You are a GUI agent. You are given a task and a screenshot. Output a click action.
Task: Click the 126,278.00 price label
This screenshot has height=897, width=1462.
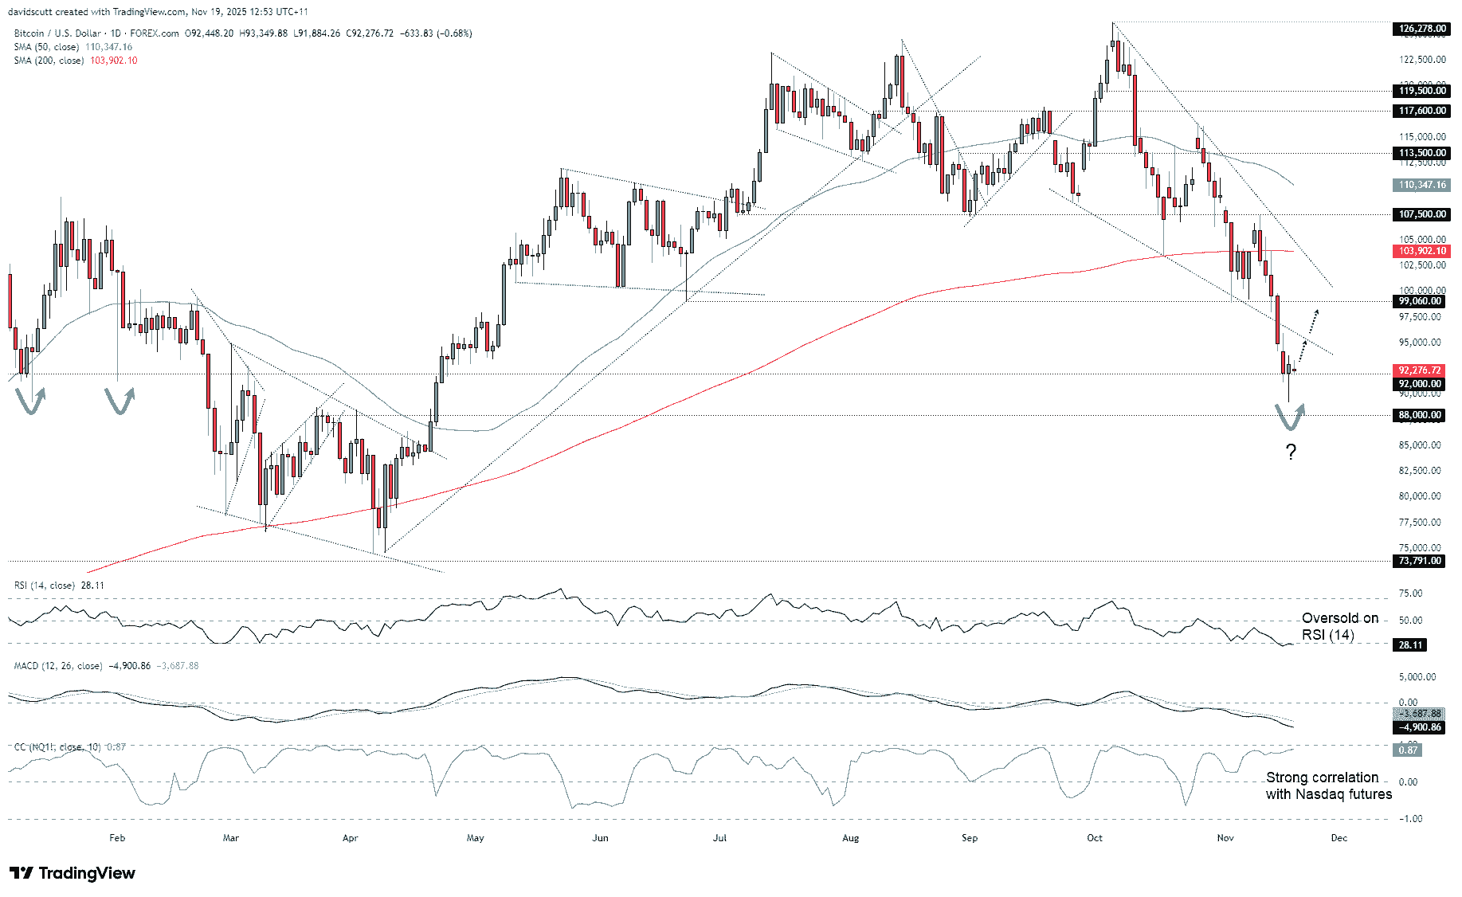click(x=1421, y=29)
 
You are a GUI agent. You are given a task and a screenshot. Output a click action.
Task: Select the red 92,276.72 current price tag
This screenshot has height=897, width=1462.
click(x=1419, y=370)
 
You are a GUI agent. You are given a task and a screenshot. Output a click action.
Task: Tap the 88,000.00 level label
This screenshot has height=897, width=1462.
click(x=1419, y=415)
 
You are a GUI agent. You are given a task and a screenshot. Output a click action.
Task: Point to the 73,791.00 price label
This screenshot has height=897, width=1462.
click(x=1419, y=561)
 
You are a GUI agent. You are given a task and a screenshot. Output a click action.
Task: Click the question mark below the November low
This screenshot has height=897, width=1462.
click(x=1291, y=452)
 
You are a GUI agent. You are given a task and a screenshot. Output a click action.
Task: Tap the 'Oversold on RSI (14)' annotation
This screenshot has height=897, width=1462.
click(x=1339, y=626)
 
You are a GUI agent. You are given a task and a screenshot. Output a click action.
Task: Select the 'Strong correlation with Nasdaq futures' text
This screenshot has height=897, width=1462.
click(x=1328, y=785)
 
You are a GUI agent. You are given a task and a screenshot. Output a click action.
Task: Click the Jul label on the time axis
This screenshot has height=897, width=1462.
click(x=719, y=838)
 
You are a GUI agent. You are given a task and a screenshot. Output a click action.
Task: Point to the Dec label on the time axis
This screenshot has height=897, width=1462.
click(x=1339, y=838)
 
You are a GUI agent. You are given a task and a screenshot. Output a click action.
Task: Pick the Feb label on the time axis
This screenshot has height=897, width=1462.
click(x=117, y=838)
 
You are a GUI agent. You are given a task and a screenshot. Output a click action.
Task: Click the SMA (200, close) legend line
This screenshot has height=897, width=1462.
click(x=75, y=61)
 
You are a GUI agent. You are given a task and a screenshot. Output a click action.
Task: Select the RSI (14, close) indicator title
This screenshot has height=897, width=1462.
click(x=58, y=586)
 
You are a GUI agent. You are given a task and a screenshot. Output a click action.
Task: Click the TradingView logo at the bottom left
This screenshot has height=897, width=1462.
click(x=73, y=873)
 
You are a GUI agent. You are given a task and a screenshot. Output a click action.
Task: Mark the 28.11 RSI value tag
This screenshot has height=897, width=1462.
click(x=1410, y=645)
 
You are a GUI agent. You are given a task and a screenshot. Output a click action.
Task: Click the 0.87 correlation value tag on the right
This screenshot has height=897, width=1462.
click(x=1408, y=750)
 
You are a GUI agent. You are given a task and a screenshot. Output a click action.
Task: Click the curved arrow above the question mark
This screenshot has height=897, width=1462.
click(x=1290, y=417)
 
